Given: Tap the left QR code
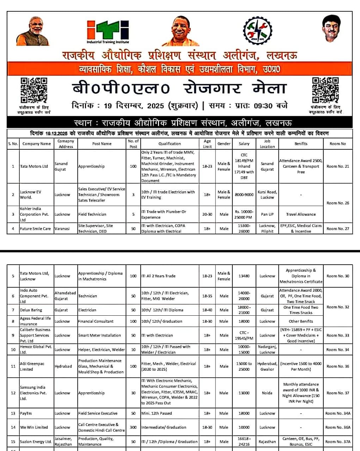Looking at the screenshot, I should [x=34, y=90].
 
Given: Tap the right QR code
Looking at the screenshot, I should [x=325, y=90].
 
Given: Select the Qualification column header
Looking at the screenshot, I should [x=170, y=144].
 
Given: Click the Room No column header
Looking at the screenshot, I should [x=337, y=144].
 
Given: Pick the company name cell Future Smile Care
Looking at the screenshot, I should [x=35, y=229].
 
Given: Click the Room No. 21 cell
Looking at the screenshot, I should [x=337, y=166].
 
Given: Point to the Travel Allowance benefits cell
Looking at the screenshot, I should [x=301, y=214].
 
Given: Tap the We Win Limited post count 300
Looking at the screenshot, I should [x=133, y=427].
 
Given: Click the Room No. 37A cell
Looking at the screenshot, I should [x=337, y=441].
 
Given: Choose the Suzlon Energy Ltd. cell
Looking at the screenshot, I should [x=36, y=441].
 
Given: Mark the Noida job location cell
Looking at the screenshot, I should [x=267, y=393].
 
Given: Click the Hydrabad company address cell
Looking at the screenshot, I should [x=63, y=366].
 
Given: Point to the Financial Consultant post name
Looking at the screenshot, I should [x=96, y=321].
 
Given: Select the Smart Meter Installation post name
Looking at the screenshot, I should [x=99, y=335].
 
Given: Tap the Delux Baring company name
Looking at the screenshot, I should [x=31, y=310].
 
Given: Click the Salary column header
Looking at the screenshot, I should [x=244, y=144].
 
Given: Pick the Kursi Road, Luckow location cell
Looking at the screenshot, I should [x=267, y=194].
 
